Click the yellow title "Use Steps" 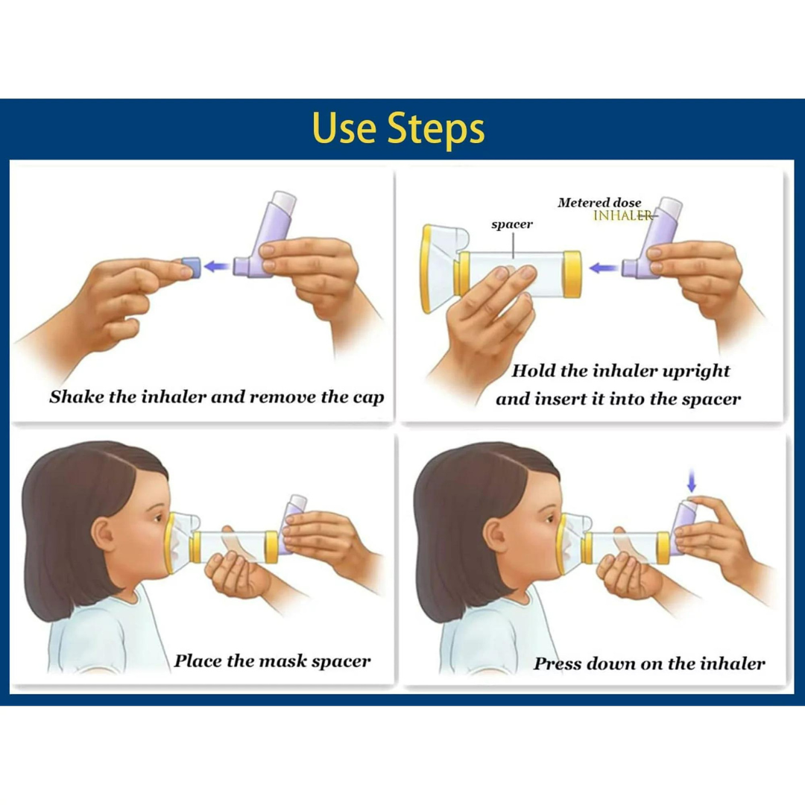point(398,129)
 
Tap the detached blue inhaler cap point(191,268)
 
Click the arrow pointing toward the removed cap point(217,266)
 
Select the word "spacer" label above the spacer point(512,224)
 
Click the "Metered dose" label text point(599,202)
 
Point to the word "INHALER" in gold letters point(622,215)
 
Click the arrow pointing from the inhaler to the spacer point(603,268)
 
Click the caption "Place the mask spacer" point(272,661)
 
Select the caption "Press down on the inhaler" point(649,663)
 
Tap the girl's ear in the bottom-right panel point(496,535)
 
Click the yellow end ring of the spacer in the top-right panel point(572,274)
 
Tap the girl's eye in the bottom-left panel point(158,519)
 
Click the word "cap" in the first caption point(368,398)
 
